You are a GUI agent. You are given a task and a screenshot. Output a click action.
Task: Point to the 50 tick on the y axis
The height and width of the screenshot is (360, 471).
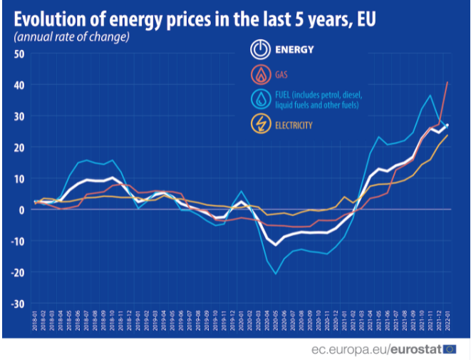pos(19,53)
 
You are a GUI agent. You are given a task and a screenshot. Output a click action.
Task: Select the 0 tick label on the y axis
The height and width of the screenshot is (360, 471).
pos(22,210)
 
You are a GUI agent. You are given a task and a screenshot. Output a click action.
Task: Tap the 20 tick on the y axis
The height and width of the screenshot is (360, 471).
pos(19,147)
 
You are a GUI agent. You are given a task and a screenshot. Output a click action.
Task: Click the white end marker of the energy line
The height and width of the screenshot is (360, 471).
pos(447,125)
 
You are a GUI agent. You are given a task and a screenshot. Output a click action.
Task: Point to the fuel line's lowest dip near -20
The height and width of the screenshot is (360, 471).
pos(276,274)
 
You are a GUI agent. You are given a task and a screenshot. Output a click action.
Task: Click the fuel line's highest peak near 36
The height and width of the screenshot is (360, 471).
pos(430,96)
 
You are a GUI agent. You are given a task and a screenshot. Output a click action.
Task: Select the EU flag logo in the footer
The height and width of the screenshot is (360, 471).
pos(450,349)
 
